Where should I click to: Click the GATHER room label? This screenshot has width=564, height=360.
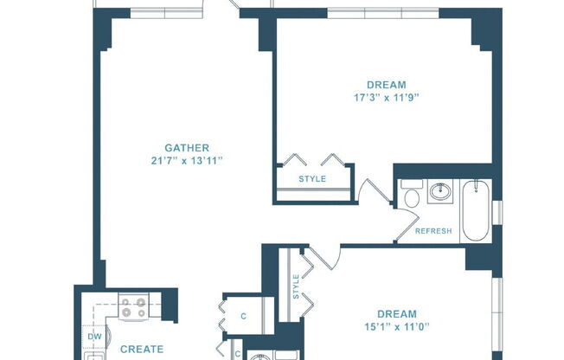(187, 147)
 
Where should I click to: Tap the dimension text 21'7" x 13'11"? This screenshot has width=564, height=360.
(187, 162)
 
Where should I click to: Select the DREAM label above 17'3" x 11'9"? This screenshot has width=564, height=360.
(386, 84)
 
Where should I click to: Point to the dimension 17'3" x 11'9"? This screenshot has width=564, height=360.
(386, 98)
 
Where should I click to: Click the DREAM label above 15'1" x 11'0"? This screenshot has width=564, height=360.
(396, 313)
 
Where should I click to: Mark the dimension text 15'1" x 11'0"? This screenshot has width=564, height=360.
(396, 327)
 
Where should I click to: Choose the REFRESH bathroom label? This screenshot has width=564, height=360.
(433, 231)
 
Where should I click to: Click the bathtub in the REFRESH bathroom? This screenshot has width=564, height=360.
(476, 211)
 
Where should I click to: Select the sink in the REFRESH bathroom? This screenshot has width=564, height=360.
(440, 191)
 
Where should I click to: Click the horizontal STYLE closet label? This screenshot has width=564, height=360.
(312, 180)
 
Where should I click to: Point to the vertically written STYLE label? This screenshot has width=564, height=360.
(297, 286)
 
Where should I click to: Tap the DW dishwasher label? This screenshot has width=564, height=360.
(94, 336)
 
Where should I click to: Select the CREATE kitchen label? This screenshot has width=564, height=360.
(136, 350)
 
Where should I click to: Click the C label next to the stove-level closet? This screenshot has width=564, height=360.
(243, 316)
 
